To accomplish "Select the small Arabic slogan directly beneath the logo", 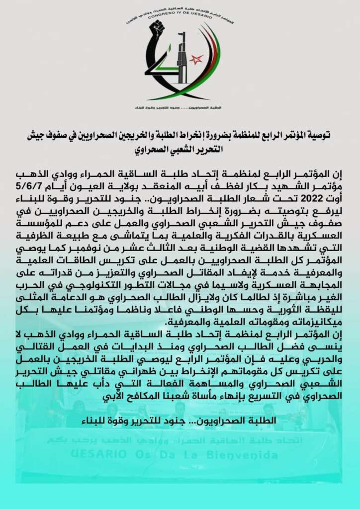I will pyautogui.click(x=180, y=107).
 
